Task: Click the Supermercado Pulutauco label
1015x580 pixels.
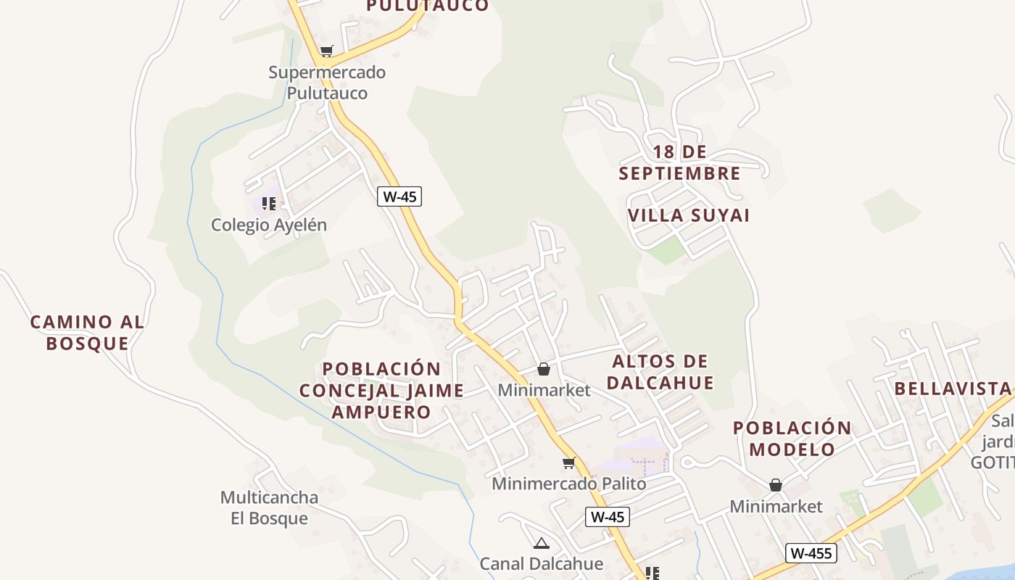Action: coord(327,83)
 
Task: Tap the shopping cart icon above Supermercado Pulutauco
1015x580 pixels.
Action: coord(326,51)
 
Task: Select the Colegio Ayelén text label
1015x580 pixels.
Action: coord(269,225)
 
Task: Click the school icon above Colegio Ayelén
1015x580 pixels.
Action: coord(269,204)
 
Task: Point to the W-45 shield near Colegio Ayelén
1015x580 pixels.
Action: coord(399,196)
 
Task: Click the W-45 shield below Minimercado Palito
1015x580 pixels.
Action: coord(607,517)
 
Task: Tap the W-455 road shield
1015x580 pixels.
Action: coord(811,553)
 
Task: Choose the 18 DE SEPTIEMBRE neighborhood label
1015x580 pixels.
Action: coord(679,162)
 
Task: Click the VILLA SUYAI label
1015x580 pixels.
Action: coord(689,215)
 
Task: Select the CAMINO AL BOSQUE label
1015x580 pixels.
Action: coord(87,332)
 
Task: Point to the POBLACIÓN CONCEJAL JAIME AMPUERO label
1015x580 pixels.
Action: coord(381,390)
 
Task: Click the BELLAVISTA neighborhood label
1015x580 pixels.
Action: coord(953,388)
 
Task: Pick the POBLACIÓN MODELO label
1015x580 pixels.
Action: coord(792,438)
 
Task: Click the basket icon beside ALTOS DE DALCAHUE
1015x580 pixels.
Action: coord(544,369)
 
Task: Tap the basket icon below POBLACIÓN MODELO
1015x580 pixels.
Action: coord(776,484)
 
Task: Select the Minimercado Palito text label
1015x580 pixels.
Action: coord(569,483)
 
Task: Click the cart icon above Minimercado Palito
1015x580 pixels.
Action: coord(569,463)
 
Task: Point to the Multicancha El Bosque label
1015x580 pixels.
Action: coord(269,507)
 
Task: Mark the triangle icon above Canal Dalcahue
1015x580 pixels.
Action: coord(541,543)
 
